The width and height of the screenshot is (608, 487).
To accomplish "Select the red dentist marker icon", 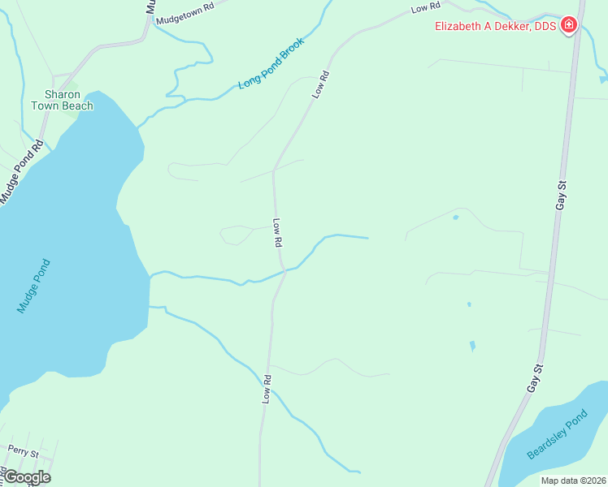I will coord(569,25).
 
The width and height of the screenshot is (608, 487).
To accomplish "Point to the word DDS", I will coord(544,26).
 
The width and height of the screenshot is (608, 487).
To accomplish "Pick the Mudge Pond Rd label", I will coord(21,173).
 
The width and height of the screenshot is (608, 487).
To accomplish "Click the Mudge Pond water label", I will coord(34,286).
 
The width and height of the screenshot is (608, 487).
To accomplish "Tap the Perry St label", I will coord(23,450).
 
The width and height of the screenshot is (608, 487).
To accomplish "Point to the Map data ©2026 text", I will coord(573,481).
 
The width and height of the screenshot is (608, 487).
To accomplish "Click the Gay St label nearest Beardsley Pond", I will coord(533,379).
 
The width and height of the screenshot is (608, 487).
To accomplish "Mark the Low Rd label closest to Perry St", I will coord(267,390).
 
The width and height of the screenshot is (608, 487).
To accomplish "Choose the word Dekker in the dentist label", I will coord(509,26).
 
